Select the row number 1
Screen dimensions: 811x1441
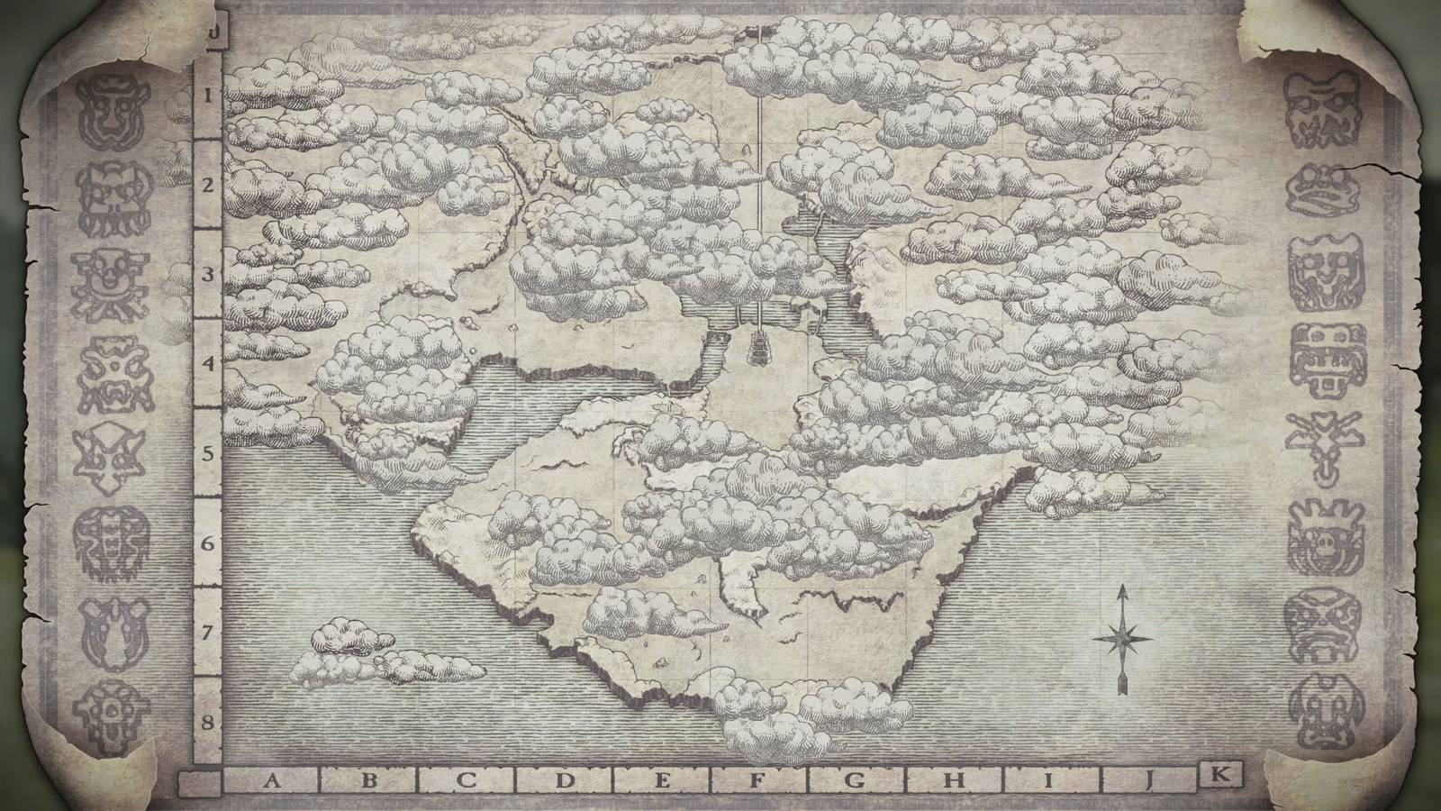pos(207,96)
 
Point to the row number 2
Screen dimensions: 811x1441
pos(207,186)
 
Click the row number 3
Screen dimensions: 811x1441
pos(207,275)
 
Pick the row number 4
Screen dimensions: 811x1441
pos(207,364)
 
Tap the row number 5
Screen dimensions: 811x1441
pos(207,453)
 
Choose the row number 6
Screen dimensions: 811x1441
pos(207,544)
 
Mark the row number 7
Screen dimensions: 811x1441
pos(207,633)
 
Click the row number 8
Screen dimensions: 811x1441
pos(207,722)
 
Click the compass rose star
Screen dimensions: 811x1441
pos(1123,637)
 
